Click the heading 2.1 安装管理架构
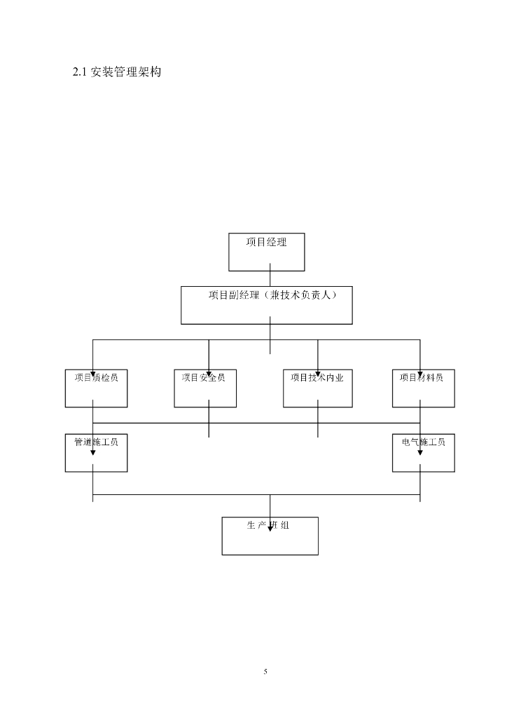117,72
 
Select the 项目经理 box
267,257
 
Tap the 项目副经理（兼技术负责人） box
266,313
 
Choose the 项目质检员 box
96,393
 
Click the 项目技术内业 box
317,393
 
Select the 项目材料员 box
423,393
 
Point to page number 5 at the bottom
265,672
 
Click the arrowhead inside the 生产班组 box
270,528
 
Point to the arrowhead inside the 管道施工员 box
92,452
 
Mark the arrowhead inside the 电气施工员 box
420,452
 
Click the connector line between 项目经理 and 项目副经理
270,278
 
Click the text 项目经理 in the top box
266,242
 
